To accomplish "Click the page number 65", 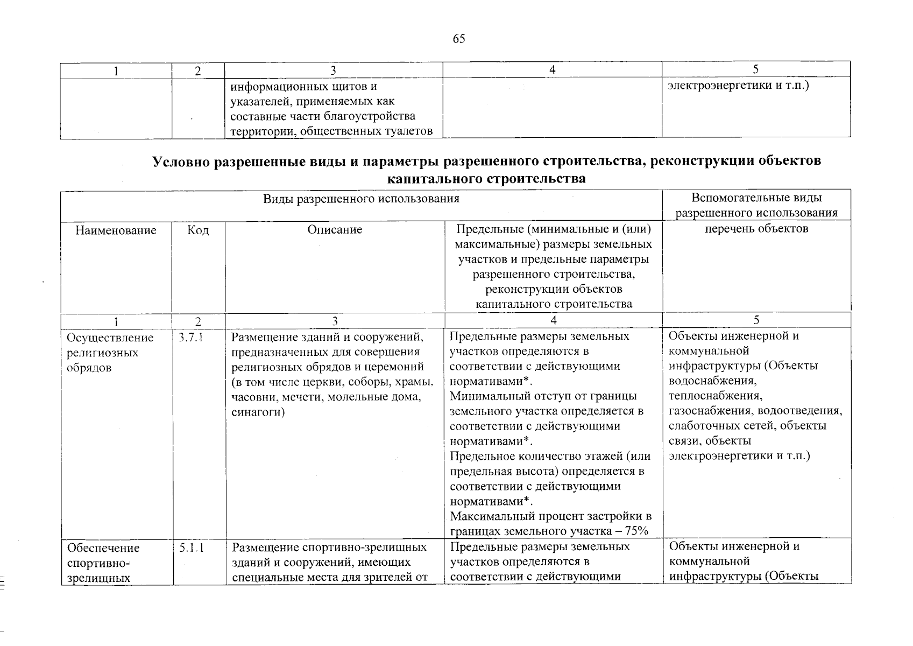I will [459, 39].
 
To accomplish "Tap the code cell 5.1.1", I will [192, 548].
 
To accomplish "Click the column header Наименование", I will [116, 230].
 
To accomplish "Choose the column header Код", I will [198, 230].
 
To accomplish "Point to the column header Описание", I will [335, 230].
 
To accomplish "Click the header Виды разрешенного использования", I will [361, 199].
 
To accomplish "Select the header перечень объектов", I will [756, 229].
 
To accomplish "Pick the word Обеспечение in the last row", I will [103, 548].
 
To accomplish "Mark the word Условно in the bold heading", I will [181, 161].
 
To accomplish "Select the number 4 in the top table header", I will [553, 70].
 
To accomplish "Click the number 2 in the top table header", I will [198, 71].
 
